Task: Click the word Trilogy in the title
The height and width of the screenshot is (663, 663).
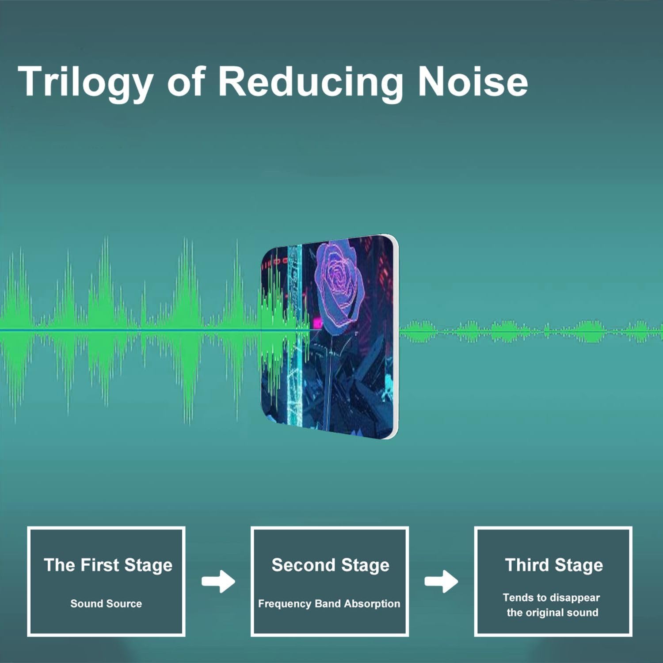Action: pos(86,83)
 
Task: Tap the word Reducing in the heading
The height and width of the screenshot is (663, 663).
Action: pos(311,83)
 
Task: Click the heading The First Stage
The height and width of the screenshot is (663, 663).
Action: pos(108,565)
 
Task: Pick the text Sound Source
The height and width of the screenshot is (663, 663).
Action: pos(106,604)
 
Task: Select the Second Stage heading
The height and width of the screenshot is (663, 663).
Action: pos(331,565)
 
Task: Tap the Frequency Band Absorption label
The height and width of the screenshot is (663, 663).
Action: pos(329,604)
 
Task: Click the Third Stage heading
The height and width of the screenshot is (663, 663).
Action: pos(554,565)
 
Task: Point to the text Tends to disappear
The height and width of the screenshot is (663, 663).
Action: pos(551,598)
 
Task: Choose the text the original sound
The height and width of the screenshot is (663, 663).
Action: pos(552,613)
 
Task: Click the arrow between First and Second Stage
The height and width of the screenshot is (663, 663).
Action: pos(218,582)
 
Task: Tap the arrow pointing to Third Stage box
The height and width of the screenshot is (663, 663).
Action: pos(441,582)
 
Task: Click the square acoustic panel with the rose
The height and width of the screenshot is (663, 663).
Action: pos(330,337)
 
